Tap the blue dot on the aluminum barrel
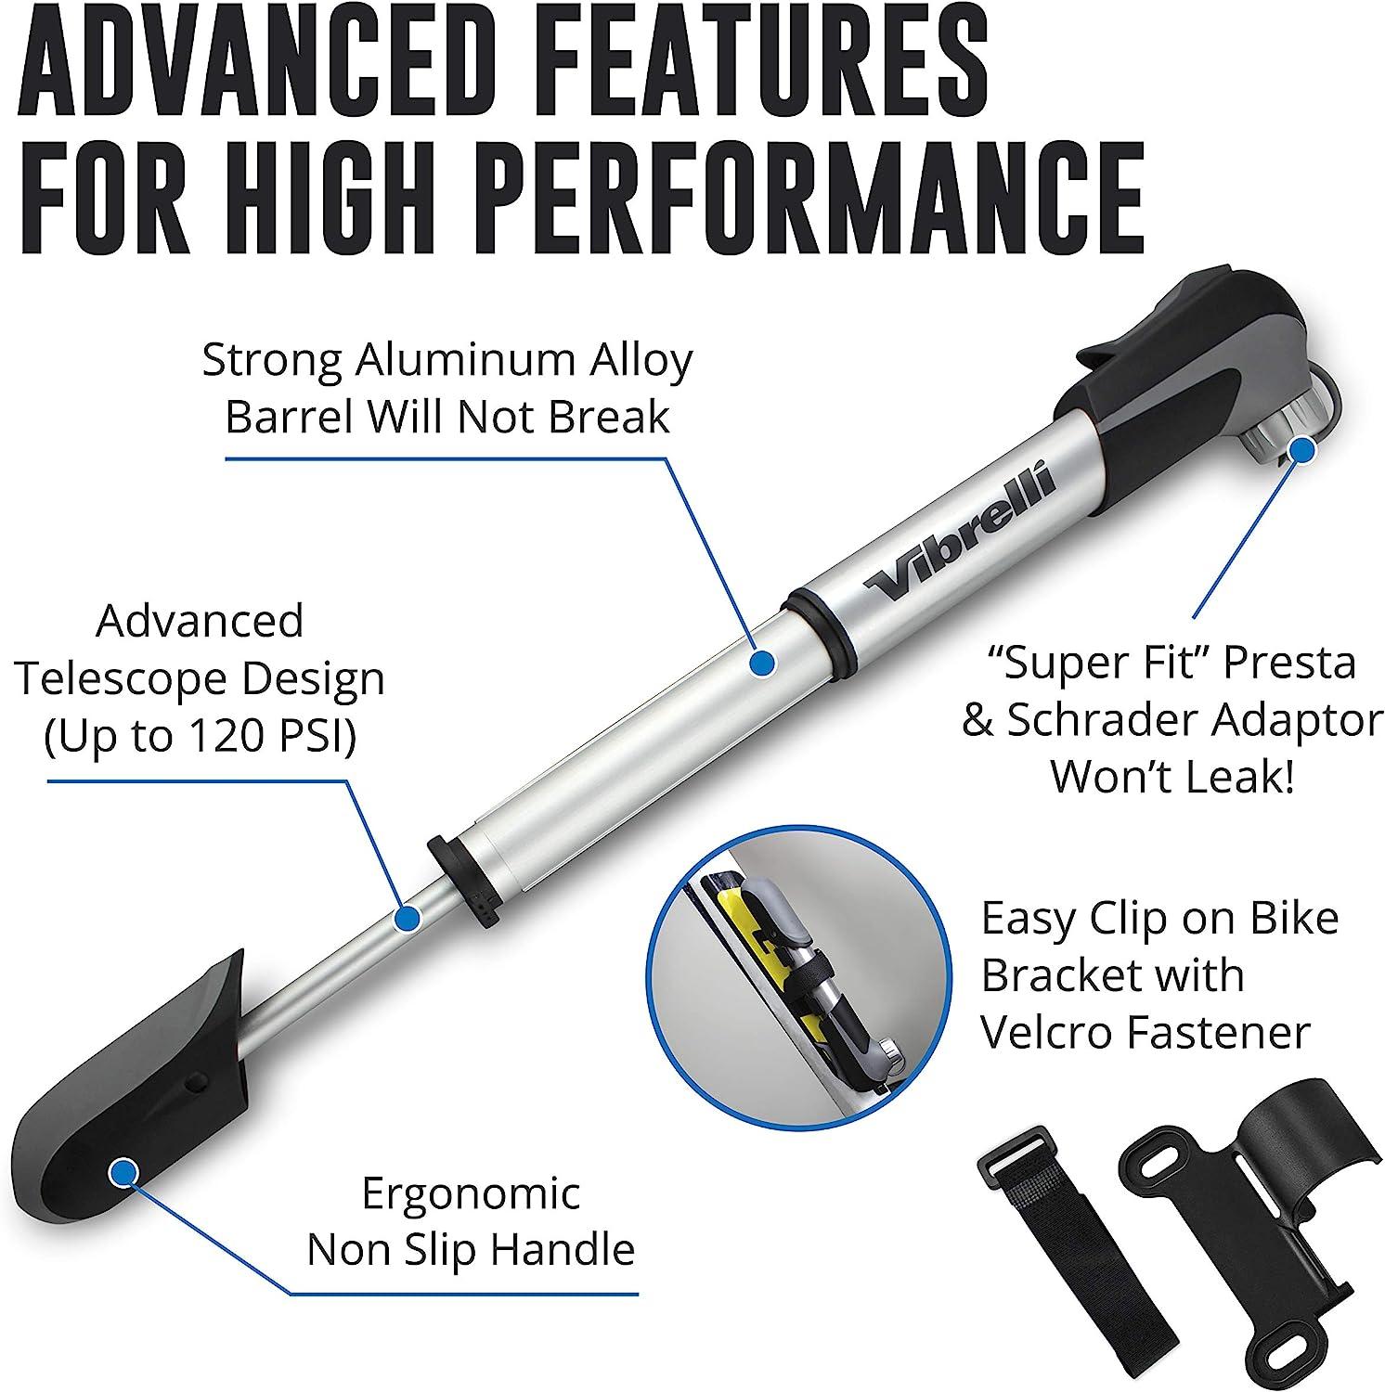761,662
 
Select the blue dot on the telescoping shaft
407,919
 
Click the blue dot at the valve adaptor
1302,450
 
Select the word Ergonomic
471,1193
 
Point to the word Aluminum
457,360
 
